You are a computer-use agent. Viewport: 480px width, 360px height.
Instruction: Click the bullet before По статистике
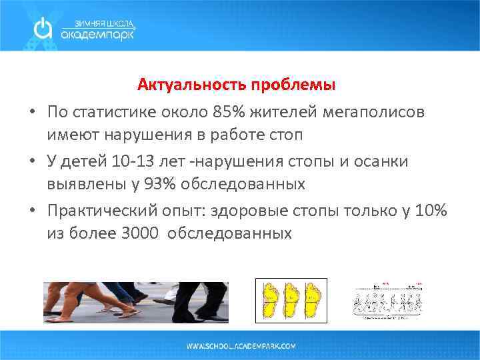point(33,111)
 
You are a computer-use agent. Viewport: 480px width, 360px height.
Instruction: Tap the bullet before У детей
point(33,161)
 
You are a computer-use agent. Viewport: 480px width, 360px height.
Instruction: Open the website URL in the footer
point(241,347)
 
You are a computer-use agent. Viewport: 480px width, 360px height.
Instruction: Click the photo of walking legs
point(136,302)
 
